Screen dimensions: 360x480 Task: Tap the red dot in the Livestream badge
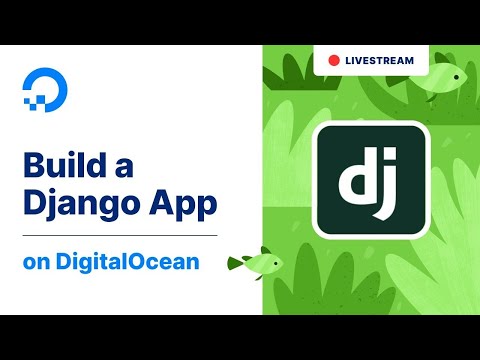(x=333, y=61)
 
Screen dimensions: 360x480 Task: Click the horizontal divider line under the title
(x=120, y=235)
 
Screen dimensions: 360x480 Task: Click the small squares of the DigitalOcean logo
(x=30, y=99)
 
